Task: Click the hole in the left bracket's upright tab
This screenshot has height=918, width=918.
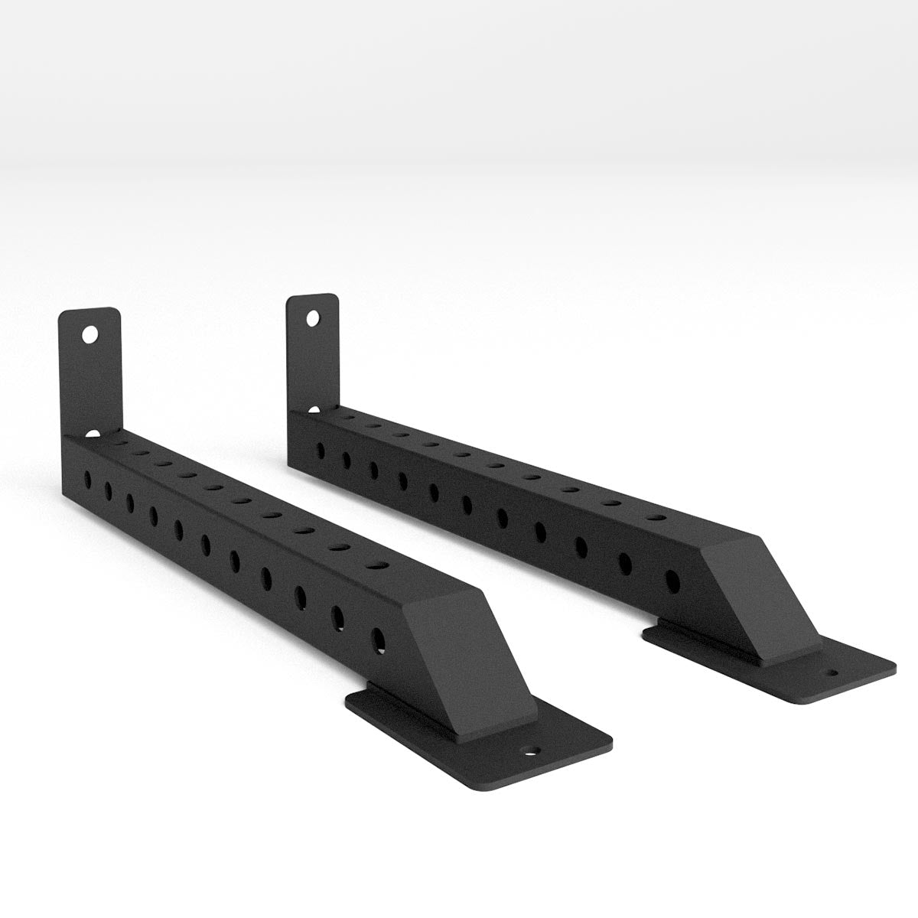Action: [x=90, y=334]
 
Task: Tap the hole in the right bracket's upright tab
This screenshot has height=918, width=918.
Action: [x=312, y=317]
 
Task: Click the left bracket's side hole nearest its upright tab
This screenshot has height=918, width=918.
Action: [x=87, y=478]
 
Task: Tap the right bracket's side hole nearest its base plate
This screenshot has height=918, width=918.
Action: [x=672, y=581]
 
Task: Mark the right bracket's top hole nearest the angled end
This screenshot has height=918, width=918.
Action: [x=655, y=519]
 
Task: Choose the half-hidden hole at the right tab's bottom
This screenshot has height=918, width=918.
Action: [x=314, y=411]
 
